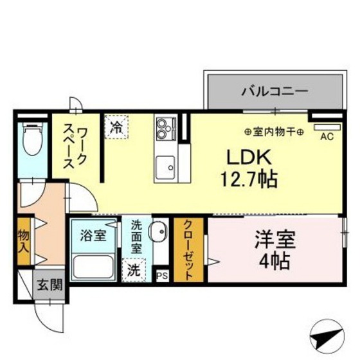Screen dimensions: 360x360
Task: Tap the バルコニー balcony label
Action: (274, 91)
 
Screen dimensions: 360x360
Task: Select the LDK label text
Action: (249, 157)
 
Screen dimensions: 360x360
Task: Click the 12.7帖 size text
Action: (249, 179)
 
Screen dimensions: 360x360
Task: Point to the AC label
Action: (327, 137)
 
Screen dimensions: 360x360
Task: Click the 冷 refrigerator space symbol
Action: (116, 127)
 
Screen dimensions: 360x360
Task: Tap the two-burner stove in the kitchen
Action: (166, 129)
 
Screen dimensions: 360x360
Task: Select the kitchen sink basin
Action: (165, 168)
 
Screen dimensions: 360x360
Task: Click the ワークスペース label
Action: (75, 148)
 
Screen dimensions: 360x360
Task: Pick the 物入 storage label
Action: (24, 242)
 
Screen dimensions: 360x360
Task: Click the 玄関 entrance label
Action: (50, 285)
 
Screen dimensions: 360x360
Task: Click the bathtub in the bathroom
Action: (93, 267)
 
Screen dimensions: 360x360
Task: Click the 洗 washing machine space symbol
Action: (134, 270)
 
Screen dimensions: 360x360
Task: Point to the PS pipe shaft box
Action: (162, 276)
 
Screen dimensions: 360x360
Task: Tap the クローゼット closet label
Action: (188, 250)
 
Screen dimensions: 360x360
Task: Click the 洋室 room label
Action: (274, 240)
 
